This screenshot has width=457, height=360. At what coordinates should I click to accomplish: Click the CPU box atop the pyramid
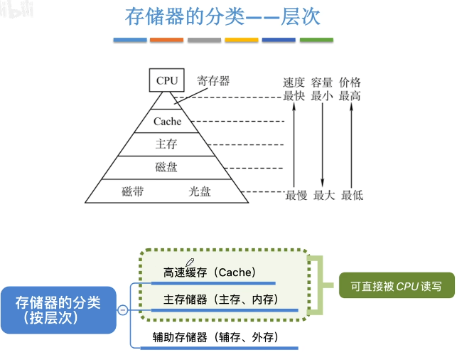tap(167, 80)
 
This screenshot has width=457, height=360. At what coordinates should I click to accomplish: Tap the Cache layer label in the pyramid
tap(167, 122)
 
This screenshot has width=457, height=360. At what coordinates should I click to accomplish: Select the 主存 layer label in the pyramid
tap(166, 144)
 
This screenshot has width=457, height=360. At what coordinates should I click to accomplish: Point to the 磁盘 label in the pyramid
tap(166, 168)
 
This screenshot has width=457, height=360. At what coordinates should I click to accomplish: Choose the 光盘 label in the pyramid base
tap(200, 191)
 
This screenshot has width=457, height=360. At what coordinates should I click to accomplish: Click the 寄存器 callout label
tap(213, 81)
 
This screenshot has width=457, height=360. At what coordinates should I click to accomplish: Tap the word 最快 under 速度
tap(294, 96)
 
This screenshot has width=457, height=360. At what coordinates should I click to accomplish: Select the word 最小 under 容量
tap(322, 96)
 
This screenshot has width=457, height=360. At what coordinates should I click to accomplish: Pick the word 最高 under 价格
tap(350, 96)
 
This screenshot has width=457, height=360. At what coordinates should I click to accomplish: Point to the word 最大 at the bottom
tap(323, 195)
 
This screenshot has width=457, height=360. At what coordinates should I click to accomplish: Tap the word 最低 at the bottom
tap(352, 195)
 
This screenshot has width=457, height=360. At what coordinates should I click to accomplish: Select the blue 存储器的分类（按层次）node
tap(58, 309)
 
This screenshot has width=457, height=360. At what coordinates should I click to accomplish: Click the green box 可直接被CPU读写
tap(396, 287)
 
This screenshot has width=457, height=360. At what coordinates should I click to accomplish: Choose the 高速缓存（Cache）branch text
tap(210, 272)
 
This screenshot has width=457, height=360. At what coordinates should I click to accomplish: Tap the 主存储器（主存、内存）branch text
tap(220, 299)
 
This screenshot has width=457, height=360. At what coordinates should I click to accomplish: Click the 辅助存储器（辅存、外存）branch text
tap(215, 337)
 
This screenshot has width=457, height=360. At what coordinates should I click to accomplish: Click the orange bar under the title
tap(167, 40)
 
